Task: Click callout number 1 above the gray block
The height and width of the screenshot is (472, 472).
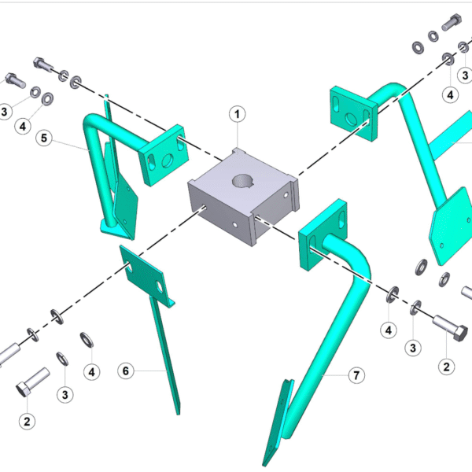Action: tap(238, 114)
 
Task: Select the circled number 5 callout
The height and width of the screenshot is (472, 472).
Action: tap(44, 138)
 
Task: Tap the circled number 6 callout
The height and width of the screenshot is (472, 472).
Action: tap(126, 371)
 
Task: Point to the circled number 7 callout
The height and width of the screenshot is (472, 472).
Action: tap(356, 375)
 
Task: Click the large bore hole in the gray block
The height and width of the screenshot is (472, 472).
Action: tap(243, 181)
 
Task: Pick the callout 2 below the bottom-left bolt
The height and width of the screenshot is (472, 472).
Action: tap(27, 422)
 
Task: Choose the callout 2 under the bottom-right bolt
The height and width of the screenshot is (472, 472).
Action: tap(446, 367)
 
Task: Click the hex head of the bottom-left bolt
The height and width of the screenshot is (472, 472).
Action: tap(23, 389)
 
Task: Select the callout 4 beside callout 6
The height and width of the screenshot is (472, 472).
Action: tap(91, 372)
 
